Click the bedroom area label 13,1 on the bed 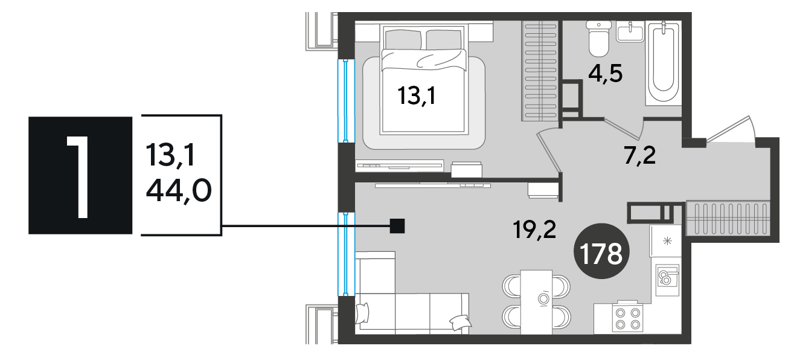click(417, 96)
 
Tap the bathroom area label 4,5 click(605, 74)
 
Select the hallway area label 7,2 click(640, 156)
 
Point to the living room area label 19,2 click(534, 230)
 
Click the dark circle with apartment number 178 click(601, 251)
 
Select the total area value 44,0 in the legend click(179, 190)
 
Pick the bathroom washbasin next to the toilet click(630, 31)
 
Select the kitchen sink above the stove click(667, 280)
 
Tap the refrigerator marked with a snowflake click(665, 241)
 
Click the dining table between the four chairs click(536, 302)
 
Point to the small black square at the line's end click(397, 226)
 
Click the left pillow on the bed click(403, 40)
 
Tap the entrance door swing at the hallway click(732, 129)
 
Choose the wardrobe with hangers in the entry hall click(728, 218)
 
